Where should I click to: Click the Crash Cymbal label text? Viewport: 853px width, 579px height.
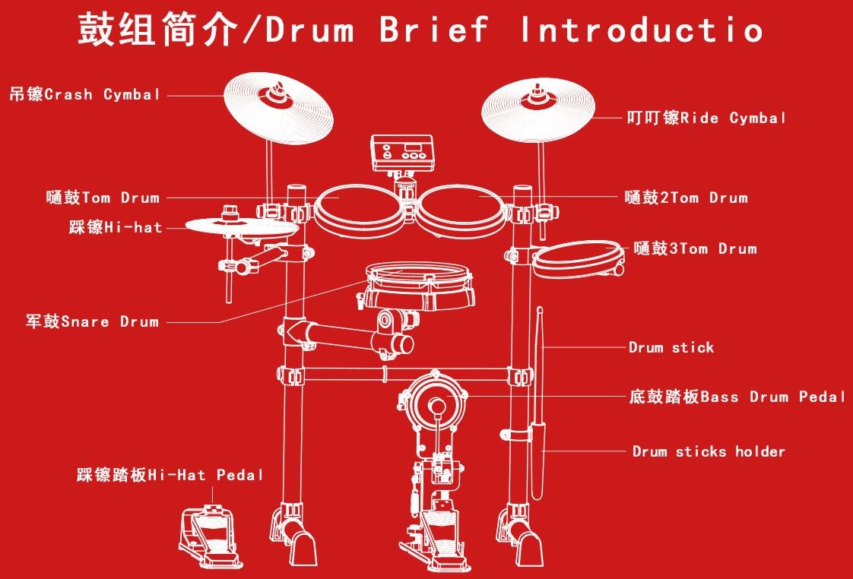click(85, 94)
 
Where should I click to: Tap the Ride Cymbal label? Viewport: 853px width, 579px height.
click(706, 118)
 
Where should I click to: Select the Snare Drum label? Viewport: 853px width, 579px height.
click(93, 321)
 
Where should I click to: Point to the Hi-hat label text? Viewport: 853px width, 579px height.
click(116, 226)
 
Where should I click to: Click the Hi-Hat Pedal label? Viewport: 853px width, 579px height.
click(170, 475)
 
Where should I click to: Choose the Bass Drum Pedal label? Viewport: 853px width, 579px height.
click(737, 397)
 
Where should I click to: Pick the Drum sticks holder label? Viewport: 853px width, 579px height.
click(709, 451)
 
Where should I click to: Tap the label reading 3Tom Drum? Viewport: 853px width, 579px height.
click(695, 248)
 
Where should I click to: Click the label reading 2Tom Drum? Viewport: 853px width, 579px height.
click(686, 198)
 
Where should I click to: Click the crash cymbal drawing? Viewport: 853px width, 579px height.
click(278, 108)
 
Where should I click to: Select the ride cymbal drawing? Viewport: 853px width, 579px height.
click(538, 110)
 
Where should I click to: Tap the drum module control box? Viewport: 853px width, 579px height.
click(403, 153)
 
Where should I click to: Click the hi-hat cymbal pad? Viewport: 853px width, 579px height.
click(242, 227)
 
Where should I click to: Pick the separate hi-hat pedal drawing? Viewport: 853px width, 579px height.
click(209, 536)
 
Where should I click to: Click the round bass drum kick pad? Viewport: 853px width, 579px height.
click(436, 403)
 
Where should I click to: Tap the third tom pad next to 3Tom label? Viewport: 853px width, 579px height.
click(578, 259)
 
